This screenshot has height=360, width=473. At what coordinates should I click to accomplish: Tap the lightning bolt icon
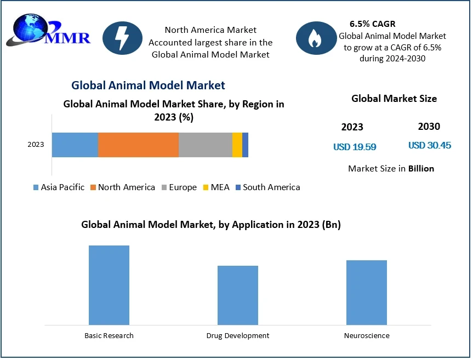(122, 38)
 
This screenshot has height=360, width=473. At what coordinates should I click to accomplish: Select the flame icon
(315, 38)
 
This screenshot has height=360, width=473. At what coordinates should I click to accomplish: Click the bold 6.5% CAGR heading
(372, 24)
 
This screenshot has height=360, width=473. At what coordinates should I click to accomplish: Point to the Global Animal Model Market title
(148, 85)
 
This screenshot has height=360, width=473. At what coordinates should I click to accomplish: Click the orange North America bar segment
(138, 145)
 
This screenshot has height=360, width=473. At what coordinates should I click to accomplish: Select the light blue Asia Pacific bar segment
(75, 145)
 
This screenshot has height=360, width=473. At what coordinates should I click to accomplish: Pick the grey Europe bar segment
(205, 145)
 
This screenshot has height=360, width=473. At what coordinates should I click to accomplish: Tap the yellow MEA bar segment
(237, 145)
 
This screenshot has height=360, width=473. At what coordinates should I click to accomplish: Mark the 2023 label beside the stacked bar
(36, 145)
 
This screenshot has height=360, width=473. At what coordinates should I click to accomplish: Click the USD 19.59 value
(355, 147)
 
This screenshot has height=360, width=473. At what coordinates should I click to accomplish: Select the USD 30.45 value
(430, 146)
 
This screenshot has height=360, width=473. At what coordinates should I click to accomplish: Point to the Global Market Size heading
(394, 99)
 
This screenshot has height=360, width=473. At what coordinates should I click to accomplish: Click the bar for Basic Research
(109, 285)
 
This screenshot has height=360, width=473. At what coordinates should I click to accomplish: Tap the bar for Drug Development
(237, 295)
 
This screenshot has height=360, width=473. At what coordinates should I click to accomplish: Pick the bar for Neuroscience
(366, 292)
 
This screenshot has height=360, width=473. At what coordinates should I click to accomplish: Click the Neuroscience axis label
(366, 335)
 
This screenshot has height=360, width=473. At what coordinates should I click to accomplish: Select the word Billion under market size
(421, 169)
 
